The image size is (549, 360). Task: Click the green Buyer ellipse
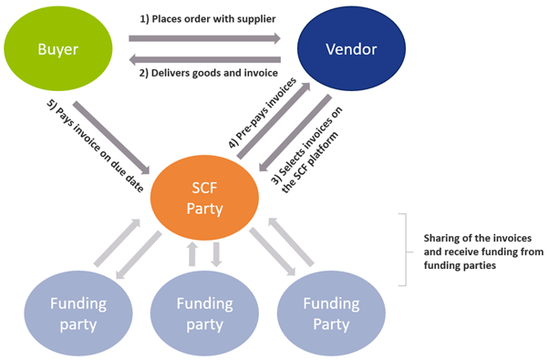click(58, 48)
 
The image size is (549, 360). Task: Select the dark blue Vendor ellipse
click(351, 48)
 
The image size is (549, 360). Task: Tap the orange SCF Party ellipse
click(204, 198)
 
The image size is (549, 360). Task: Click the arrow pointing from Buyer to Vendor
click(204, 38)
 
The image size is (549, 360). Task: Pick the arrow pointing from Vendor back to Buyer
click(204, 59)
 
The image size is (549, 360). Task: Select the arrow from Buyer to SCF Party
click(111, 138)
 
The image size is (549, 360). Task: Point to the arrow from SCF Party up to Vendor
click(274, 120)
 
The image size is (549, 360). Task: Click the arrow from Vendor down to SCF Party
click(295, 133)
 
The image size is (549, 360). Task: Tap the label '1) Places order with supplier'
click(208, 19)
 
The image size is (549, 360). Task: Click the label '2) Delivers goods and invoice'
click(209, 73)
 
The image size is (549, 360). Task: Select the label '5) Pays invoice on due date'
click(95, 146)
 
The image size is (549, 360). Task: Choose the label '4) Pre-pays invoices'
click(263, 113)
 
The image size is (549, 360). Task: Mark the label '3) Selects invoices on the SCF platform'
click(307, 149)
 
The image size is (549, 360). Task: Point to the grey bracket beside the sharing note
click(406, 250)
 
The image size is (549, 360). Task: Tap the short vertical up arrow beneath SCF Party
click(192, 254)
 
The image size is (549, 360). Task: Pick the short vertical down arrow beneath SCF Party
click(216, 254)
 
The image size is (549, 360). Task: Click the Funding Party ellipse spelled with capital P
click(331, 314)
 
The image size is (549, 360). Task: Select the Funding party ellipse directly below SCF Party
click(204, 314)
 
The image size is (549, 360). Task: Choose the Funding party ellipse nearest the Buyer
click(78, 314)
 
